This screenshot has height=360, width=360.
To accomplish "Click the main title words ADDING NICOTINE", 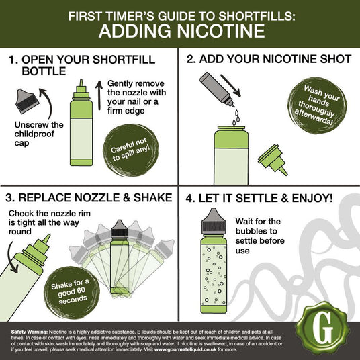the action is [181, 31].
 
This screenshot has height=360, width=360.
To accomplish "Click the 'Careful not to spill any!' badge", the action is [131, 150].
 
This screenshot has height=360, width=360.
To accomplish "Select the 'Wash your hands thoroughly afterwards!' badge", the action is [318, 105].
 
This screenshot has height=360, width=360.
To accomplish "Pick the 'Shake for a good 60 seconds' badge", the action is [72, 292].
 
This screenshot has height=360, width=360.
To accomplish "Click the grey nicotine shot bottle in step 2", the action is [216, 89].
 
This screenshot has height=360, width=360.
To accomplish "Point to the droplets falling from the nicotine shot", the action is [236, 118].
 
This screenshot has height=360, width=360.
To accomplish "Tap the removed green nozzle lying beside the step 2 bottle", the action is [273, 160].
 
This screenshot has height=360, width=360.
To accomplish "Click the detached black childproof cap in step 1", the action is [27, 101].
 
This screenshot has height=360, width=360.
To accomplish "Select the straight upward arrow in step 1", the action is [99, 95].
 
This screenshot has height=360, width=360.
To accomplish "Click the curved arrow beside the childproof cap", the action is [47, 102].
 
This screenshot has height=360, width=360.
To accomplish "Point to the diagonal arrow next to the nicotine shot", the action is [230, 85].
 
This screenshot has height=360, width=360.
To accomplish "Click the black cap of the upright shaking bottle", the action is [120, 229].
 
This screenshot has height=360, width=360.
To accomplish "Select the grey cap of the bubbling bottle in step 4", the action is [214, 222].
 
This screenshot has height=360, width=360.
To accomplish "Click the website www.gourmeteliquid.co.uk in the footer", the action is [185, 350].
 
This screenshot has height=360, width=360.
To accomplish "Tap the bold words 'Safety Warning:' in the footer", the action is [30, 332].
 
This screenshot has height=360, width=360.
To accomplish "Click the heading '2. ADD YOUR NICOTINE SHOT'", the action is [269, 59].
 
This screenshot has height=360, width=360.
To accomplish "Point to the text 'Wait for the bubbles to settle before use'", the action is [260, 236].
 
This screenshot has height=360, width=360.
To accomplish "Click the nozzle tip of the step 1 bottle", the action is [81, 82].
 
